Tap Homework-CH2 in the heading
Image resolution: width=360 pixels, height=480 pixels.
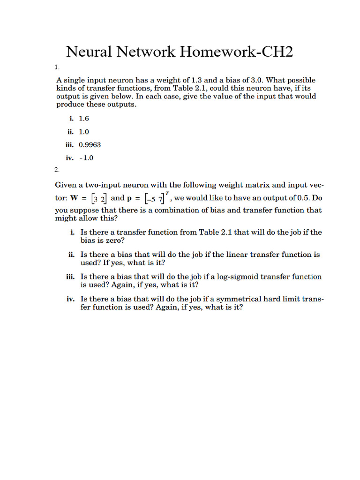click(234, 52)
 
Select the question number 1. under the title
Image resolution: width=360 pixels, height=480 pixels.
click(56, 67)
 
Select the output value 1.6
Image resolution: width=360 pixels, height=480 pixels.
click(84, 119)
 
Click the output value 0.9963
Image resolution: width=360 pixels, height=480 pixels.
click(90, 145)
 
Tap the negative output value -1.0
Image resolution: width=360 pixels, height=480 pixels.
click(86, 158)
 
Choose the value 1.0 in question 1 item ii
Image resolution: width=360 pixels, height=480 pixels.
click(84, 132)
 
